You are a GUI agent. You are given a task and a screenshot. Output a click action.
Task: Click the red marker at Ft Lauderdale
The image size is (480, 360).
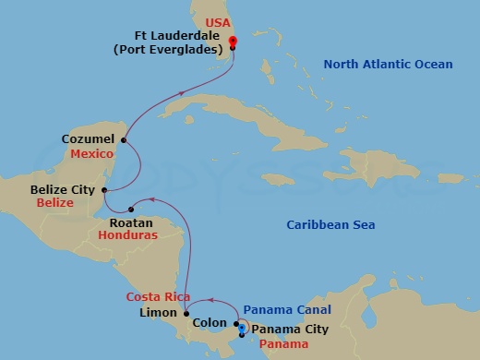233,41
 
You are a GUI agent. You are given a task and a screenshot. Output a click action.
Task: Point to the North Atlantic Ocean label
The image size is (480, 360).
388,64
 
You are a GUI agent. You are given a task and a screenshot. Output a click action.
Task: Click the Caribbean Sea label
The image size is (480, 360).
330,224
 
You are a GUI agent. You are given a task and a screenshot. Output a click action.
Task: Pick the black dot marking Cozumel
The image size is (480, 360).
124,140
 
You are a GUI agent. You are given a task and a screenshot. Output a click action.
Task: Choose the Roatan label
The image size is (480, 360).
125,222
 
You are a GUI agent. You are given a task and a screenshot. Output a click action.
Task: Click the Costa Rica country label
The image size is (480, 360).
158,296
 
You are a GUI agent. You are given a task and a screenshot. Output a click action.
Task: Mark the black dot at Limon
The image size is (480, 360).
186,313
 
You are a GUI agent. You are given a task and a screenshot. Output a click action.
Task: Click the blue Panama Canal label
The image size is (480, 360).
286,309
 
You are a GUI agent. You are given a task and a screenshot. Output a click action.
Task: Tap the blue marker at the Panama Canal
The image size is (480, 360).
242,327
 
